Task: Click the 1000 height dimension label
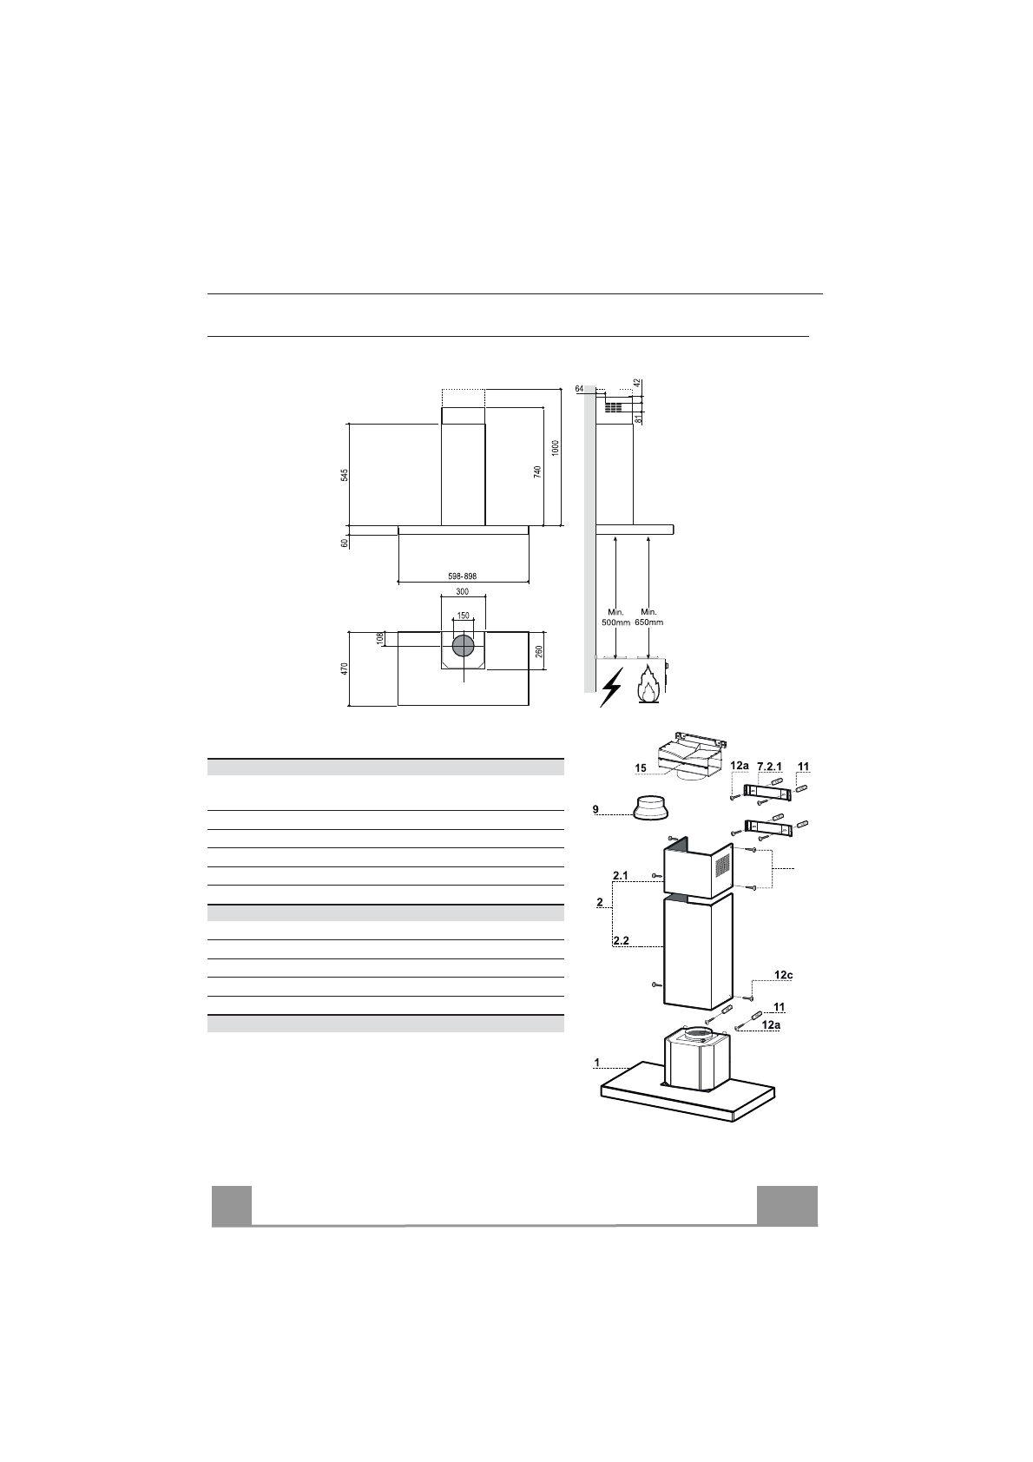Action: (x=556, y=448)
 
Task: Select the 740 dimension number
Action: (x=537, y=471)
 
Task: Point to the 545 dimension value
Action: (x=345, y=475)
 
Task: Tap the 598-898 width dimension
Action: (x=462, y=576)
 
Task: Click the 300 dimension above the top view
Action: (x=462, y=592)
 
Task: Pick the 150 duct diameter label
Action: (x=463, y=616)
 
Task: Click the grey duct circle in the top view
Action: (x=464, y=646)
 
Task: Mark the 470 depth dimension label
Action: (x=345, y=668)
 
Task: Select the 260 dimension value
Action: (x=540, y=651)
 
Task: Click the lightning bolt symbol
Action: (x=611, y=687)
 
